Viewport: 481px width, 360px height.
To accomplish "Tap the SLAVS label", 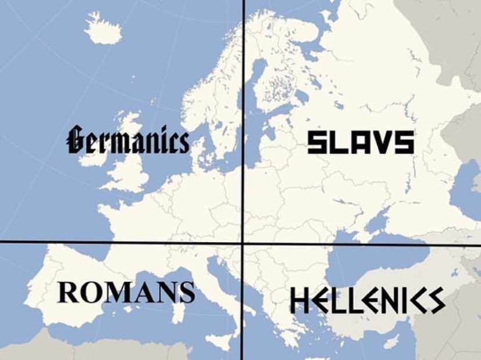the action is coord(360,142).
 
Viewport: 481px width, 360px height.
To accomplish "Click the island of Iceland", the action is coord(103,27).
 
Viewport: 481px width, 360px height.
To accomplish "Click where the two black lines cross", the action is coord(242,243).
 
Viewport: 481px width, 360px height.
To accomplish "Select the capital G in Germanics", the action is coord(77,140).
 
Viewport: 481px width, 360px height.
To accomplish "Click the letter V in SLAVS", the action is coord(380,142).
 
